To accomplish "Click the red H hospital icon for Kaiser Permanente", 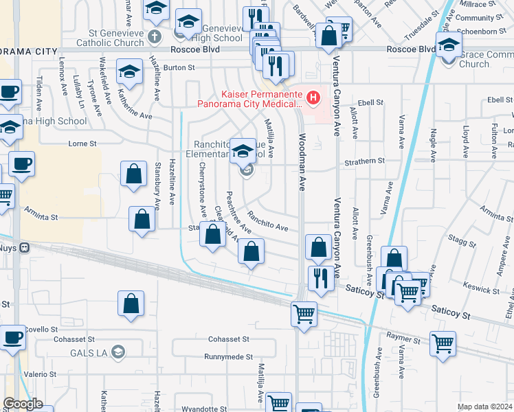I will tap(313, 98).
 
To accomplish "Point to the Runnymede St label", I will tap(228, 357).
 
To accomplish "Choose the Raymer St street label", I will tap(403, 339).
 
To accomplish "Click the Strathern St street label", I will tap(365, 161).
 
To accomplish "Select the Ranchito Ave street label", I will tap(267, 221).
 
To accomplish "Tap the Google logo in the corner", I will tap(23, 403).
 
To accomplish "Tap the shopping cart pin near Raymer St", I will tap(443, 342).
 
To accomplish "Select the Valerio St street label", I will tap(34, 374).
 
